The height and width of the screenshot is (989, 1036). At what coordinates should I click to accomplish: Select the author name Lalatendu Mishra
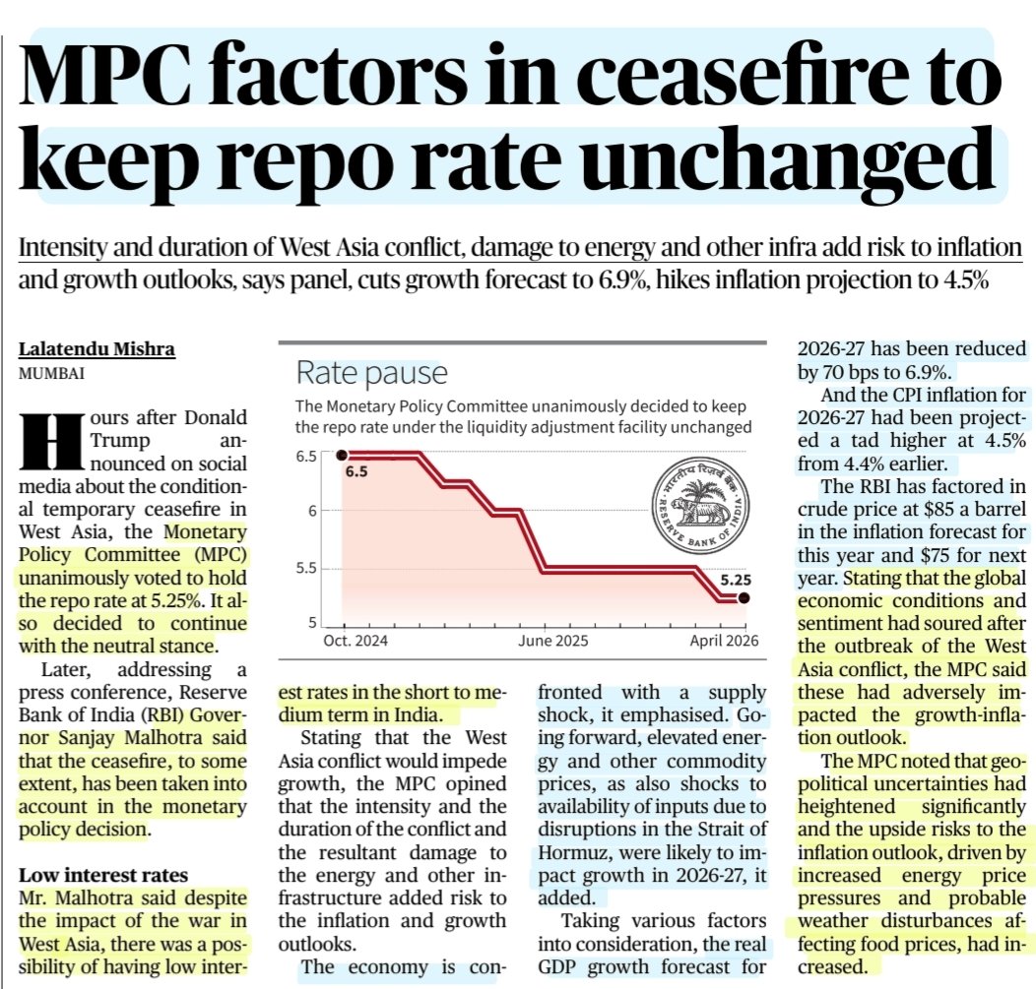(x=97, y=349)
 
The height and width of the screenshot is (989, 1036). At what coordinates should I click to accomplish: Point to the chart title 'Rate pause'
(x=371, y=374)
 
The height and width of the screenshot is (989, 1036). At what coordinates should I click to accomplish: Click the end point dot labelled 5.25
(x=745, y=597)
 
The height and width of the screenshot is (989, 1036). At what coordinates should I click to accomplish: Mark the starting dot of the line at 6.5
(x=341, y=455)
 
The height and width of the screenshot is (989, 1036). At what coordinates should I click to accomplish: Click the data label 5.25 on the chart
(x=736, y=580)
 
